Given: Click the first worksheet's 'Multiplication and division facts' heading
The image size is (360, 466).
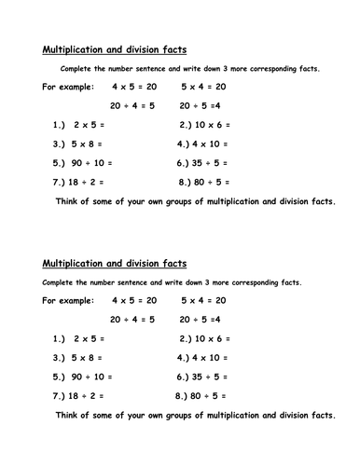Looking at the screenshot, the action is coord(115,50).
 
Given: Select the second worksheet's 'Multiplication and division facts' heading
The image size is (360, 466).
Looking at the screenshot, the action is coord(115,264).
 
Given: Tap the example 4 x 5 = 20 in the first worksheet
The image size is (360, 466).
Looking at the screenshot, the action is coord(134,87).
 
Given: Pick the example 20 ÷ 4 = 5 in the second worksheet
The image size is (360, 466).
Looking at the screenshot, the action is coord(134,320).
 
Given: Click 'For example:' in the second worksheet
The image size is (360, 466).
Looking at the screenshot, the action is coord(68,301).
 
